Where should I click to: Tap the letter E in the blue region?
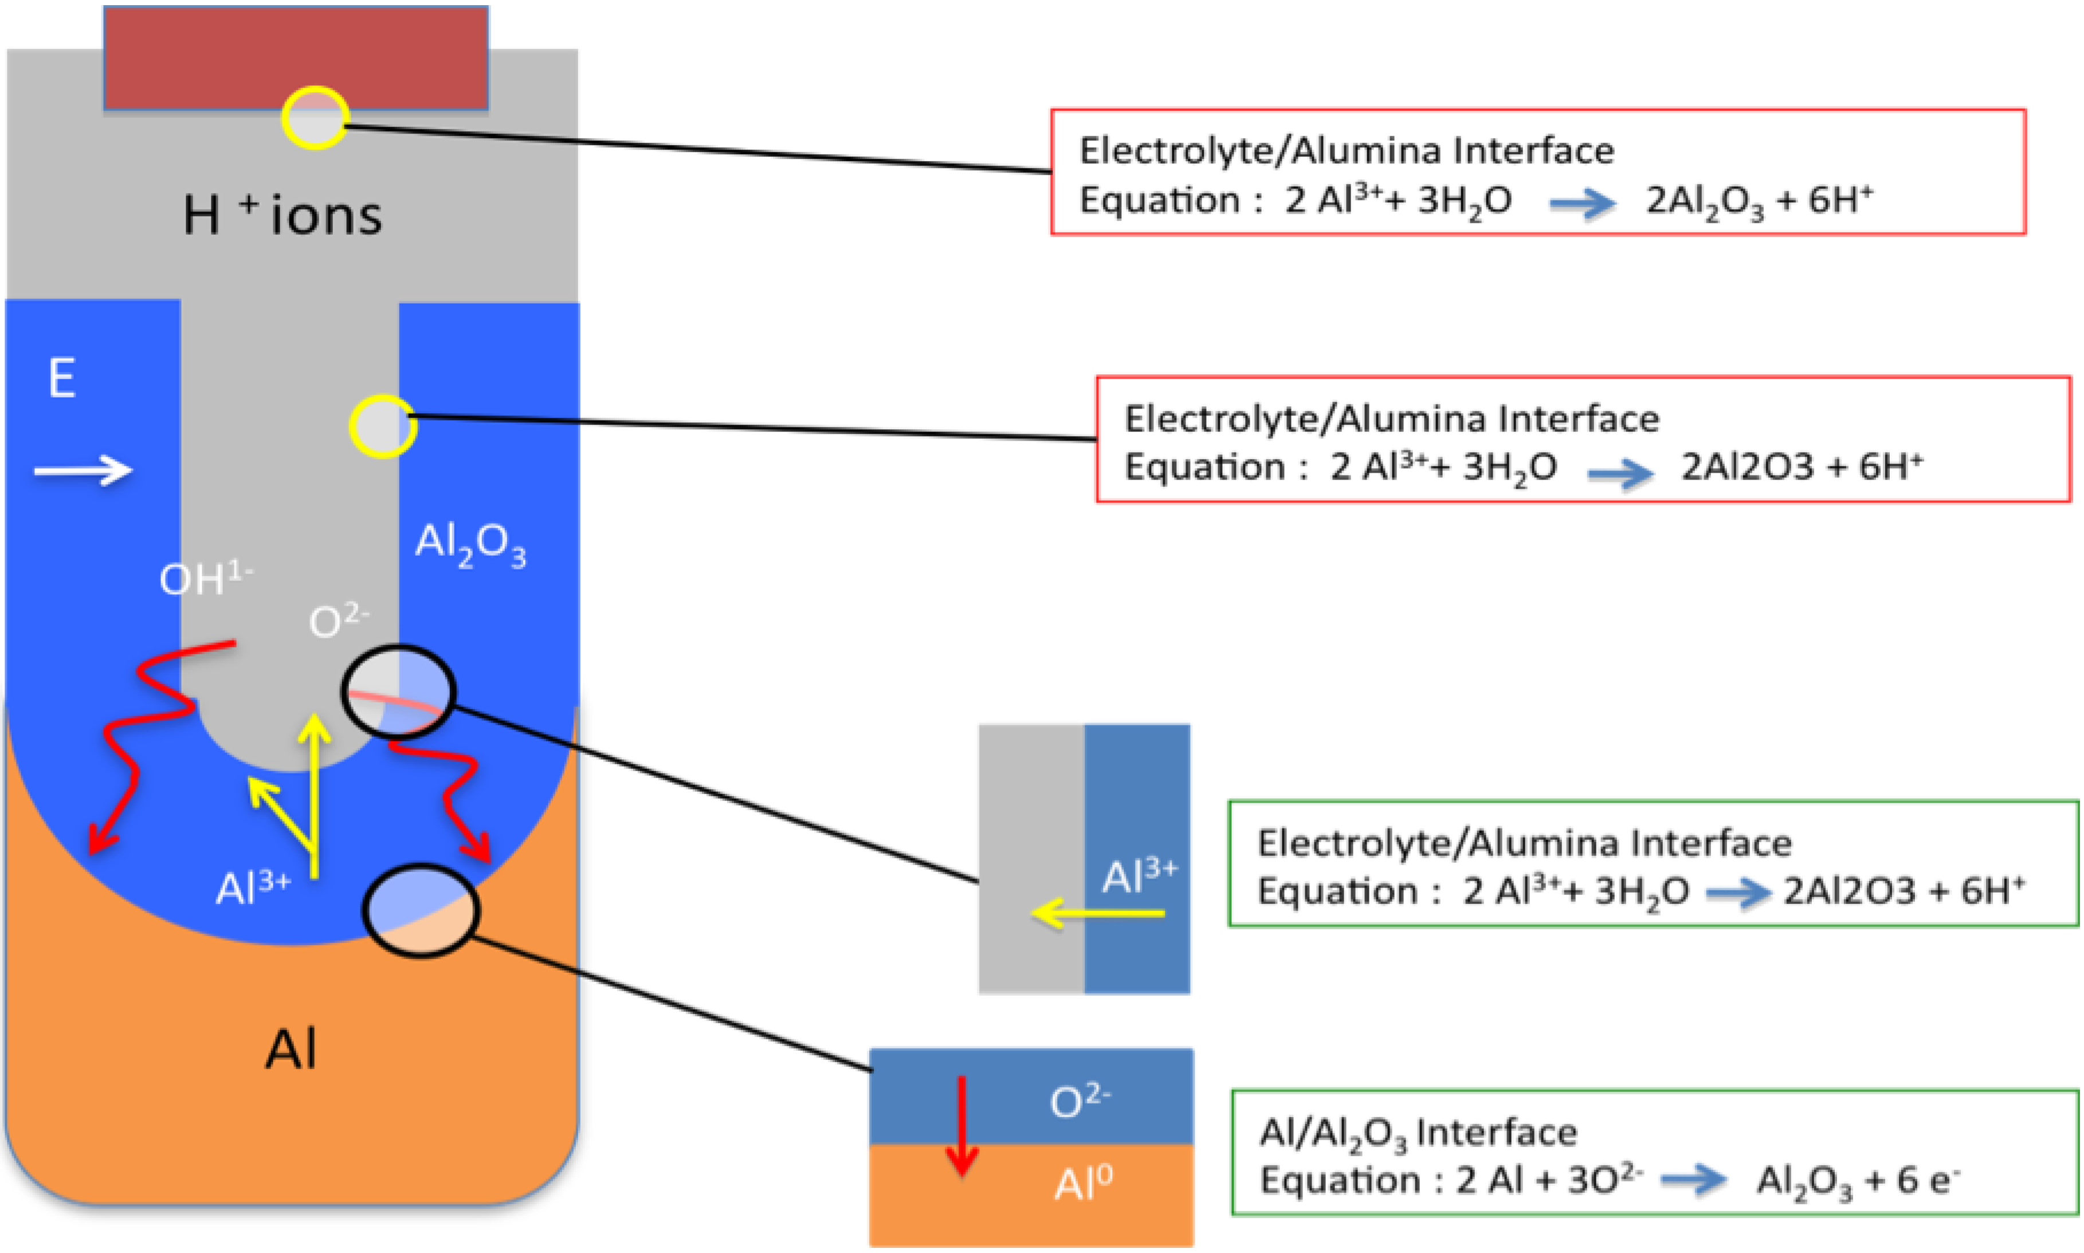click(x=62, y=378)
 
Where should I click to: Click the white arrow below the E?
click(x=83, y=470)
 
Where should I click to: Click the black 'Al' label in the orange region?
click(x=291, y=1050)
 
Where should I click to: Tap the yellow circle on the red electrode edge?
click(x=314, y=117)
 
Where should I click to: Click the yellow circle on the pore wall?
click(x=383, y=426)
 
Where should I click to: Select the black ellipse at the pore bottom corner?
click(x=398, y=692)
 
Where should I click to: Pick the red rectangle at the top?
click(x=296, y=57)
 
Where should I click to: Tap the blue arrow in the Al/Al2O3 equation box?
click(x=1693, y=1180)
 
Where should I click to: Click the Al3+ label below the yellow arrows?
click(x=253, y=887)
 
